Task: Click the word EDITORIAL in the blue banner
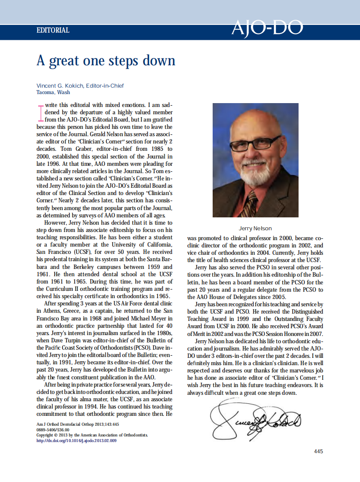point(53,31)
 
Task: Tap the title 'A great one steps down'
point(106,60)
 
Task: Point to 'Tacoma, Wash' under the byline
point(53,92)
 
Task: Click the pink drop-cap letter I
point(40,112)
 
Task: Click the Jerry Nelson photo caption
point(255,228)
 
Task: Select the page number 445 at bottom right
point(318,451)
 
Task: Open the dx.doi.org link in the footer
point(76,440)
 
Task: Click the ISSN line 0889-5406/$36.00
point(53,429)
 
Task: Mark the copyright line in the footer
point(92,435)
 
